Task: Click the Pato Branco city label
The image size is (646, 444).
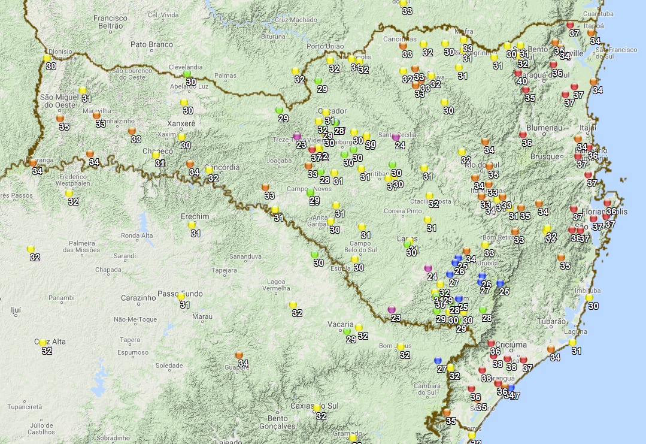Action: coord(151,44)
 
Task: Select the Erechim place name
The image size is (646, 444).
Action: coord(195,216)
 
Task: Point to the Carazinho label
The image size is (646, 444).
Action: coord(138,298)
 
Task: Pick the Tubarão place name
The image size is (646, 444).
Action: coord(550,321)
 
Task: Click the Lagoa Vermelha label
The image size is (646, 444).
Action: coord(276,285)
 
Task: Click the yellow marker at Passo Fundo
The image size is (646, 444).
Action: coord(180,296)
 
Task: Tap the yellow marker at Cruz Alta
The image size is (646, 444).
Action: coord(43,343)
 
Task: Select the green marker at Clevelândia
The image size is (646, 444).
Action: coord(187,74)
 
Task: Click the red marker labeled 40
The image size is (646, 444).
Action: coord(518,73)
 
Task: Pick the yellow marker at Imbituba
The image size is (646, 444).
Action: coord(589,298)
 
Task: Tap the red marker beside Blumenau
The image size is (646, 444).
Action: coord(523,135)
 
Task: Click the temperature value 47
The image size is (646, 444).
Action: coord(515,396)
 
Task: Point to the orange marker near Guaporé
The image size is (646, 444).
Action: coord(239,355)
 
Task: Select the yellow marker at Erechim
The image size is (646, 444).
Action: coord(192,225)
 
